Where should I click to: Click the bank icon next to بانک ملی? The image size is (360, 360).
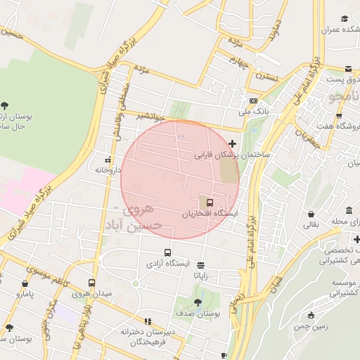pos(253,101)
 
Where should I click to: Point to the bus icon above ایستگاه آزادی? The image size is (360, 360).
pos(167,253)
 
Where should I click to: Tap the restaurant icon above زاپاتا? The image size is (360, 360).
pos(202,265)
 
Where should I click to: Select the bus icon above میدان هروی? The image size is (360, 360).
pos(91,283)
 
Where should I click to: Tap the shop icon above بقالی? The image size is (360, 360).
pos(311,214)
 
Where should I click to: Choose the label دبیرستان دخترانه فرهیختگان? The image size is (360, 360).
pos(143,336)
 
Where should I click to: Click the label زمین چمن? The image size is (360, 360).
pos(310,326)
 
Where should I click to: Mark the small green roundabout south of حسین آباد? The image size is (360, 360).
pos(135,283)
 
